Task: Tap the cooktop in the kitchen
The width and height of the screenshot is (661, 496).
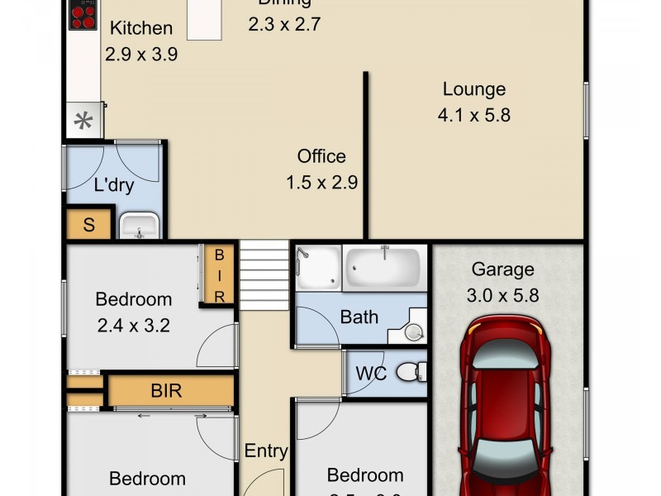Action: pyautogui.click(x=83, y=17)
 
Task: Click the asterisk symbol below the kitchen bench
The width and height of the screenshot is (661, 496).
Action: pyautogui.click(x=83, y=122)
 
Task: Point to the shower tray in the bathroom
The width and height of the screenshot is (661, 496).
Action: pyautogui.click(x=317, y=267)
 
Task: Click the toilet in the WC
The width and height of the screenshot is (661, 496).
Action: pyautogui.click(x=411, y=373)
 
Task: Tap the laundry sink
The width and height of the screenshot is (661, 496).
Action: pyautogui.click(x=138, y=225)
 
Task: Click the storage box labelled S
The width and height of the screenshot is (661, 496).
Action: pyautogui.click(x=88, y=225)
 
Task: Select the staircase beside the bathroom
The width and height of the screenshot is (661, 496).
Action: pyautogui.click(x=264, y=272)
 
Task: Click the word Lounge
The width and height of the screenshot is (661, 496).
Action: pyautogui.click(x=473, y=89)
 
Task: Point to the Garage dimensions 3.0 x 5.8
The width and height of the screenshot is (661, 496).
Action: pyautogui.click(x=503, y=294)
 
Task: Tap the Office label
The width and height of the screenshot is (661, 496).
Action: pyautogui.click(x=321, y=156)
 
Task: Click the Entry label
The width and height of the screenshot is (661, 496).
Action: pyautogui.click(x=266, y=451)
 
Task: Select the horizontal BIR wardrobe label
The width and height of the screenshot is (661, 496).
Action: pyautogui.click(x=166, y=391)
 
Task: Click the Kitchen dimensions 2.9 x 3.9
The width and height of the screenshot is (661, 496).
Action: pyautogui.click(x=141, y=55)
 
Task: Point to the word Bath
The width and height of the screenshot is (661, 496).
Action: pyautogui.click(x=359, y=317)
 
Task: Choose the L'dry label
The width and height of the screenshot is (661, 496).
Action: pyautogui.click(x=113, y=185)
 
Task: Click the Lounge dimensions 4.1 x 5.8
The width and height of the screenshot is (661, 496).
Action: pyautogui.click(x=473, y=115)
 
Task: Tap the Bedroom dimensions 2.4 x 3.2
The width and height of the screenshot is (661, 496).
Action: pyautogui.click(x=133, y=325)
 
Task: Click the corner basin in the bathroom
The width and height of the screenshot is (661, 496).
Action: pyautogui.click(x=414, y=331)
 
